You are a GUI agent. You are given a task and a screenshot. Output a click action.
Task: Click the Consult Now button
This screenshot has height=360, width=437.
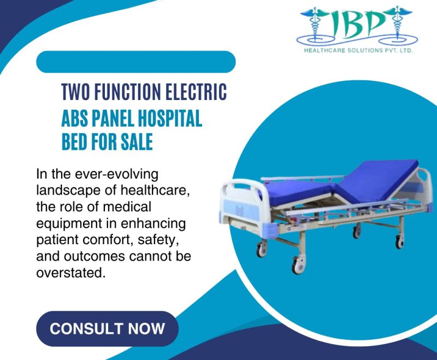point(107,329)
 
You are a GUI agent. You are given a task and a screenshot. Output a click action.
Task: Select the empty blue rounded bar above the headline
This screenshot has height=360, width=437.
point(135,62)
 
